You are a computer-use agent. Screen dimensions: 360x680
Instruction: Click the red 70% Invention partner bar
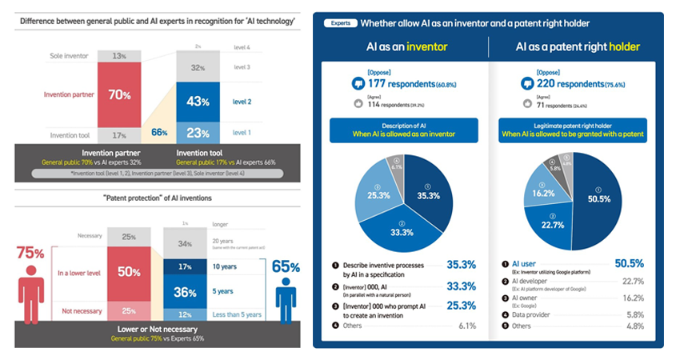120,94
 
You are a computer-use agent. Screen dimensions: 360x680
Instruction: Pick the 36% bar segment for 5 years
186,292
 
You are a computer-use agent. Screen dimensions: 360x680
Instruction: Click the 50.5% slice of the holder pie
596,196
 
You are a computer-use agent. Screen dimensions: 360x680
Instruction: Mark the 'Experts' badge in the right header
340,23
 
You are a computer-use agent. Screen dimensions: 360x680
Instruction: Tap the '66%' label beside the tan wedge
158,131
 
